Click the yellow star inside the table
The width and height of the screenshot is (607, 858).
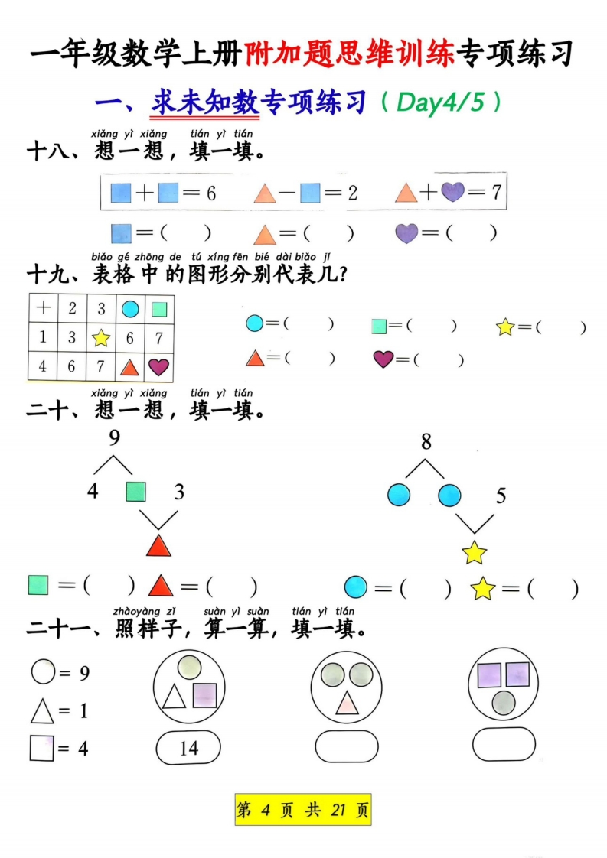101,338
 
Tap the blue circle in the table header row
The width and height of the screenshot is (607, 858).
130,309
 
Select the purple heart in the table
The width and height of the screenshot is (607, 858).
158,366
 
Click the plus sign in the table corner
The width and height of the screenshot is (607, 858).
44,308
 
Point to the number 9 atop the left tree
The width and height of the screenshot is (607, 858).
114,437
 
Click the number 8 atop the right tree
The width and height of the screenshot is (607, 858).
426,441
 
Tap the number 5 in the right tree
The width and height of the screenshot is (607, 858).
501,496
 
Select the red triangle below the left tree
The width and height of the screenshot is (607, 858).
159,546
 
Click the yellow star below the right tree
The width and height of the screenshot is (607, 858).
475,552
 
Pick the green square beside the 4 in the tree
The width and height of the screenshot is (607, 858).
135,492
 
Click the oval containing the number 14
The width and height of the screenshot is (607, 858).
188,747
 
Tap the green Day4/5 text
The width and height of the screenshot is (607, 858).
440,102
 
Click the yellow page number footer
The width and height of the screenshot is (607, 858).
303,809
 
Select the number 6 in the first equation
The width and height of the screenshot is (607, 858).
211,193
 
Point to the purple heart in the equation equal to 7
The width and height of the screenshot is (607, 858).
453,191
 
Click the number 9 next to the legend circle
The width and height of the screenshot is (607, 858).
84,672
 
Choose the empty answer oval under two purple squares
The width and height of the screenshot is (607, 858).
504,744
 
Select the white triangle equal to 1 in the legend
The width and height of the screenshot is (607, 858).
42,712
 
